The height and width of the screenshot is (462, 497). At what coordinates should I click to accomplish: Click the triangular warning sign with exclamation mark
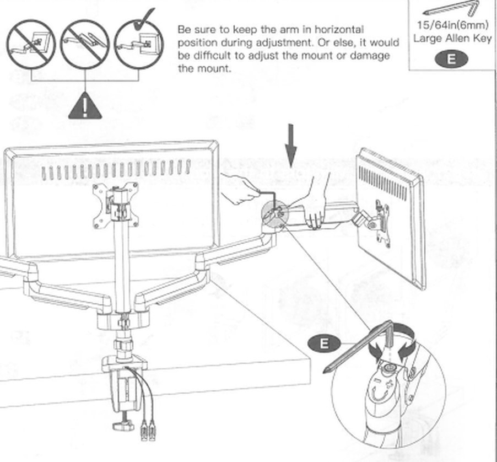coord(85,107)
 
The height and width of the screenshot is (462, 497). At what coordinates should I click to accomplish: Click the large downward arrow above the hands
coord(291,146)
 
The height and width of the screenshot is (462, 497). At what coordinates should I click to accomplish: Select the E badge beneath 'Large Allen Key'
coord(451,59)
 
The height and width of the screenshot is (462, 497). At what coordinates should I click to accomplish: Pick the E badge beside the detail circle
coord(324,343)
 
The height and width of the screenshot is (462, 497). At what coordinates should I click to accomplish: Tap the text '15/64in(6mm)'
coord(452,25)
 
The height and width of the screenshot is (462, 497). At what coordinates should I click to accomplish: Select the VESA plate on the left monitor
coord(115,205)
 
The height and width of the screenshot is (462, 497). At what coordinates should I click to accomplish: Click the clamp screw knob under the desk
coord(123,425)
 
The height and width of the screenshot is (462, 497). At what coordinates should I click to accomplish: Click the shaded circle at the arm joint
coord(275,214)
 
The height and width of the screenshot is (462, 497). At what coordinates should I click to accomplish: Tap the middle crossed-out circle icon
coord(85,44)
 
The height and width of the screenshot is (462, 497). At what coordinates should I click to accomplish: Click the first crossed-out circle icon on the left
coord(31,44)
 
